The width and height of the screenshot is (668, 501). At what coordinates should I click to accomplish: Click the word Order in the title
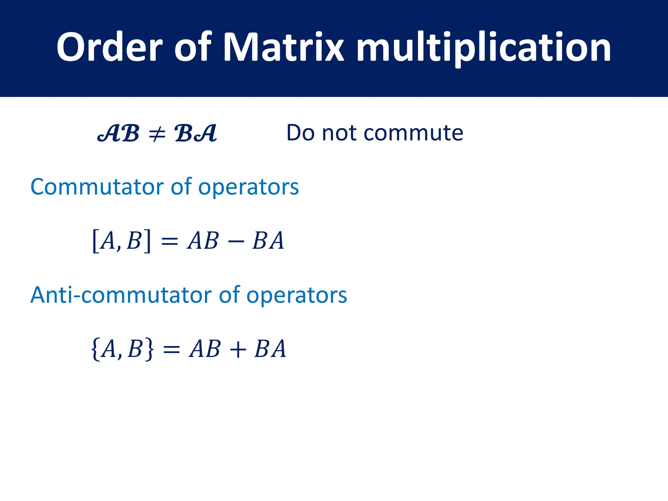click(109, 47)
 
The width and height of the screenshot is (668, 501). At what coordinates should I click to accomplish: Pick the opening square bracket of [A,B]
click(96, 241)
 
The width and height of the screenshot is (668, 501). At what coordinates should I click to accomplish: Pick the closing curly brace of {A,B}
click(149, 349)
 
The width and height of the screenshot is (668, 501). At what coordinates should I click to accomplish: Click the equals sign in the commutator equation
click(170, 242)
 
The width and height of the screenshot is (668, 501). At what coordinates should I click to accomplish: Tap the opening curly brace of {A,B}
click(95, 349)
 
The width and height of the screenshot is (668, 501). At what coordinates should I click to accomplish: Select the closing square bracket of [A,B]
click(147, 241)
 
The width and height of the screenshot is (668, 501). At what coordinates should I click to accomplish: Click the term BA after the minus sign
click(268, 241)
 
